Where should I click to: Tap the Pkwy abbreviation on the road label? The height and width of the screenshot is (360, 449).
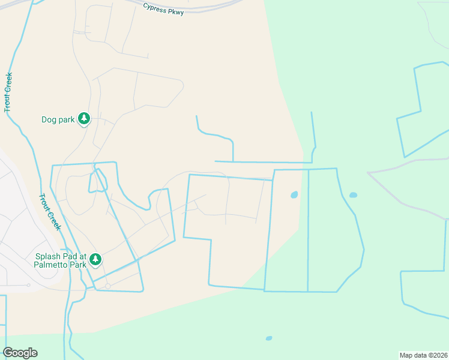[177, 11]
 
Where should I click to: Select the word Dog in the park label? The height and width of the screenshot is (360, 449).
[49, 119]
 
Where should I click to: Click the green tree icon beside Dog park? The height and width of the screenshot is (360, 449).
[84, 119]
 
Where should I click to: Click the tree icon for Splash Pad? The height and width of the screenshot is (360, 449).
[95, 260]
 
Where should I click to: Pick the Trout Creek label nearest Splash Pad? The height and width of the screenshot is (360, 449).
[49, 212]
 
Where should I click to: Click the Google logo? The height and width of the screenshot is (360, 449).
[20, 353]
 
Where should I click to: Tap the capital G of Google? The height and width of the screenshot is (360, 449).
[8, 353]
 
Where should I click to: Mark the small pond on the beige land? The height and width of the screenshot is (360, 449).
[294, 194]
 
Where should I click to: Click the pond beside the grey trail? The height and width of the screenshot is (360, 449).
[353, 195]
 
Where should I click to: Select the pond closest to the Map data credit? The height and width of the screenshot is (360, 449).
[269, 338]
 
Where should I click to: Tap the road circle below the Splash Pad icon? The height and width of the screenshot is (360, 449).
[107, 286]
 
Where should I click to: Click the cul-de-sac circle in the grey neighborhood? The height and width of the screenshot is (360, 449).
[28, 285]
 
